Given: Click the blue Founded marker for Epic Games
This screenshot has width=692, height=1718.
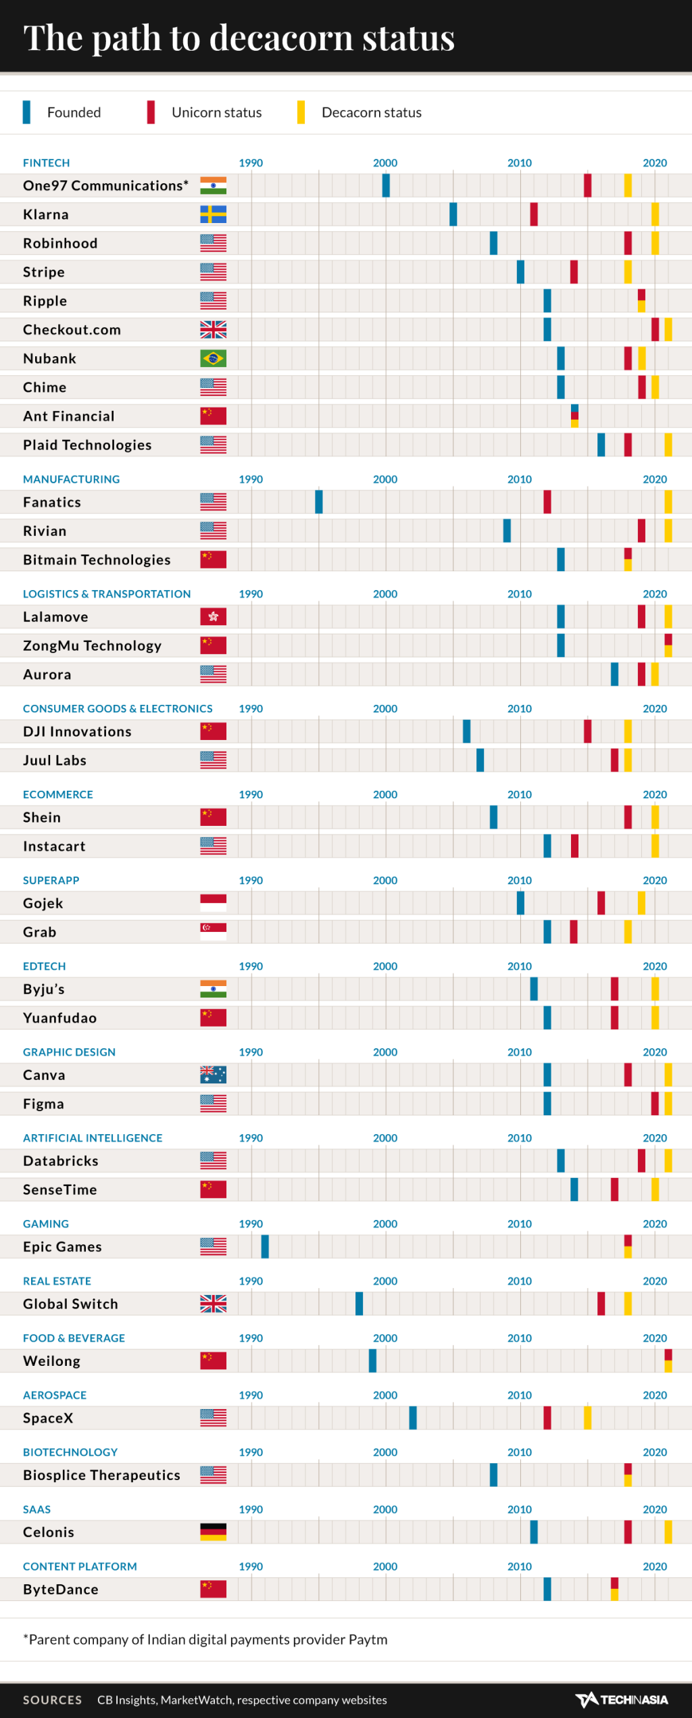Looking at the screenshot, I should pos(265,1246).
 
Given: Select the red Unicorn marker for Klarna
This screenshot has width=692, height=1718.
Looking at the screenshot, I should pos(534,214).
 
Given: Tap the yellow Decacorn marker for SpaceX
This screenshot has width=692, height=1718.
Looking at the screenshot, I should pos(587,1417).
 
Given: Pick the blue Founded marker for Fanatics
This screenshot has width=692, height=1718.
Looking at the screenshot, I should pos(319,501).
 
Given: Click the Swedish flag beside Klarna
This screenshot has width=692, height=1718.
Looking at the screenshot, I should pos(213,214).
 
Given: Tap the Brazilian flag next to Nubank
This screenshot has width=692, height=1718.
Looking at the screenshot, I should pos(213,358).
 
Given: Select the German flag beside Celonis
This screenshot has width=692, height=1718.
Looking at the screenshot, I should pos(213,1531).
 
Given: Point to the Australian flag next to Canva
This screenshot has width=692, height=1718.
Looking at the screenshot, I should pos(213,1075).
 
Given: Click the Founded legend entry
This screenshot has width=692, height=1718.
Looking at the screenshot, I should pos(73,112).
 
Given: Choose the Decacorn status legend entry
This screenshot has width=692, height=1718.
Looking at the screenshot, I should pos(371,112).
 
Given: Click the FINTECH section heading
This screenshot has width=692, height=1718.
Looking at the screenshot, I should pos(46,163).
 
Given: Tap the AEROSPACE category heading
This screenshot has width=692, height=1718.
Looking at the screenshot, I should pos(55,1395).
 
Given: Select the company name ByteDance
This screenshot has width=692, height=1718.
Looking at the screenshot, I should pos(61,1589).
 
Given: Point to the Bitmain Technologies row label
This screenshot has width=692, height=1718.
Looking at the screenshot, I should pos(97,560).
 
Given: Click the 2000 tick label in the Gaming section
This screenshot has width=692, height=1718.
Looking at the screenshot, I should pos(385,1224).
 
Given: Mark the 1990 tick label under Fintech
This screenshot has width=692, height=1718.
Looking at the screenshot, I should pos(251,163).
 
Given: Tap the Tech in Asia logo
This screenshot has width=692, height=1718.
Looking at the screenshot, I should pos(621,1699).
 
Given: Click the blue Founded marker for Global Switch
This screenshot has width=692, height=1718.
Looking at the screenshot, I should pos(360,1303).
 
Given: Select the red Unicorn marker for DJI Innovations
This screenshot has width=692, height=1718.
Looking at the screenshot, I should pos(587,731).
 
